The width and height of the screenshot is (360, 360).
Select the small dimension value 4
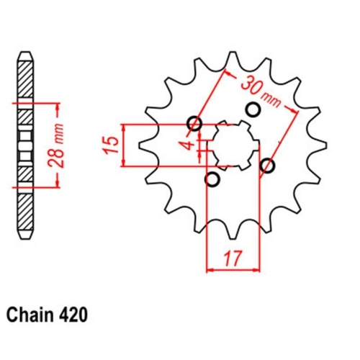coord(189,145)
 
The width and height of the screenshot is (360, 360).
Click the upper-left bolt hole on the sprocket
coord(194,123)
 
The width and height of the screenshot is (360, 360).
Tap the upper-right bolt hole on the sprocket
coord(253,109)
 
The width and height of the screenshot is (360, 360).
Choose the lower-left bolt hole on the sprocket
coord(212,178)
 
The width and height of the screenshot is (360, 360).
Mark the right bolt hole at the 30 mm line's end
coord(269,166)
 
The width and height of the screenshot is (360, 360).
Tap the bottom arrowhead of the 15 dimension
coord(127,163)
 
